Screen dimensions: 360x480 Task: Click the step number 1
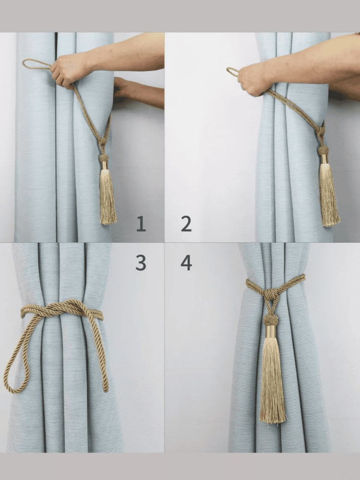click(x=141, y=224)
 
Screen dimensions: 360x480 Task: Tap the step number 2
click(x=186, y=224)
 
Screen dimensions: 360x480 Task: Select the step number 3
click(x=141, y=263)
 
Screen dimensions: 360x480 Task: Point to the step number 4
click(x=186, y=263)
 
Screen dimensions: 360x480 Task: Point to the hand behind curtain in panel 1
click(x=122, y=87)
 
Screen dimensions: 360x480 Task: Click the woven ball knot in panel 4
click(x=271, y=320)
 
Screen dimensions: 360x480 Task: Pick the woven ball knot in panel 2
click(x=323, y=150)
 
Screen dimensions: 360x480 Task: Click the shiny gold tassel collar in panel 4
click(x=271, y=331)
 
